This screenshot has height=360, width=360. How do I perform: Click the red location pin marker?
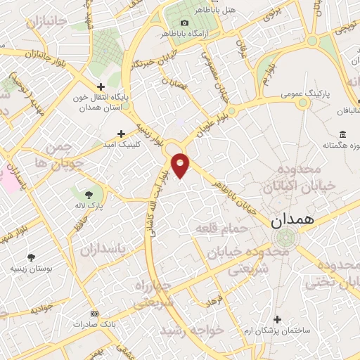tap(181, 165)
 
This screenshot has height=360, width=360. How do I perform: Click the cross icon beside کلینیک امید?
tap(121, 133)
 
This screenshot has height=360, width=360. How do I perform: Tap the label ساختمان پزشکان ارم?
tap(277, 330)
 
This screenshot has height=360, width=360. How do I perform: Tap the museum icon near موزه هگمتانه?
tap(342, 134)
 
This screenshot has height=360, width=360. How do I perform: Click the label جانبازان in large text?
tap(48, 23)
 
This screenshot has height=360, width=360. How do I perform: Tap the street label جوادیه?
tap(44, 309)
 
